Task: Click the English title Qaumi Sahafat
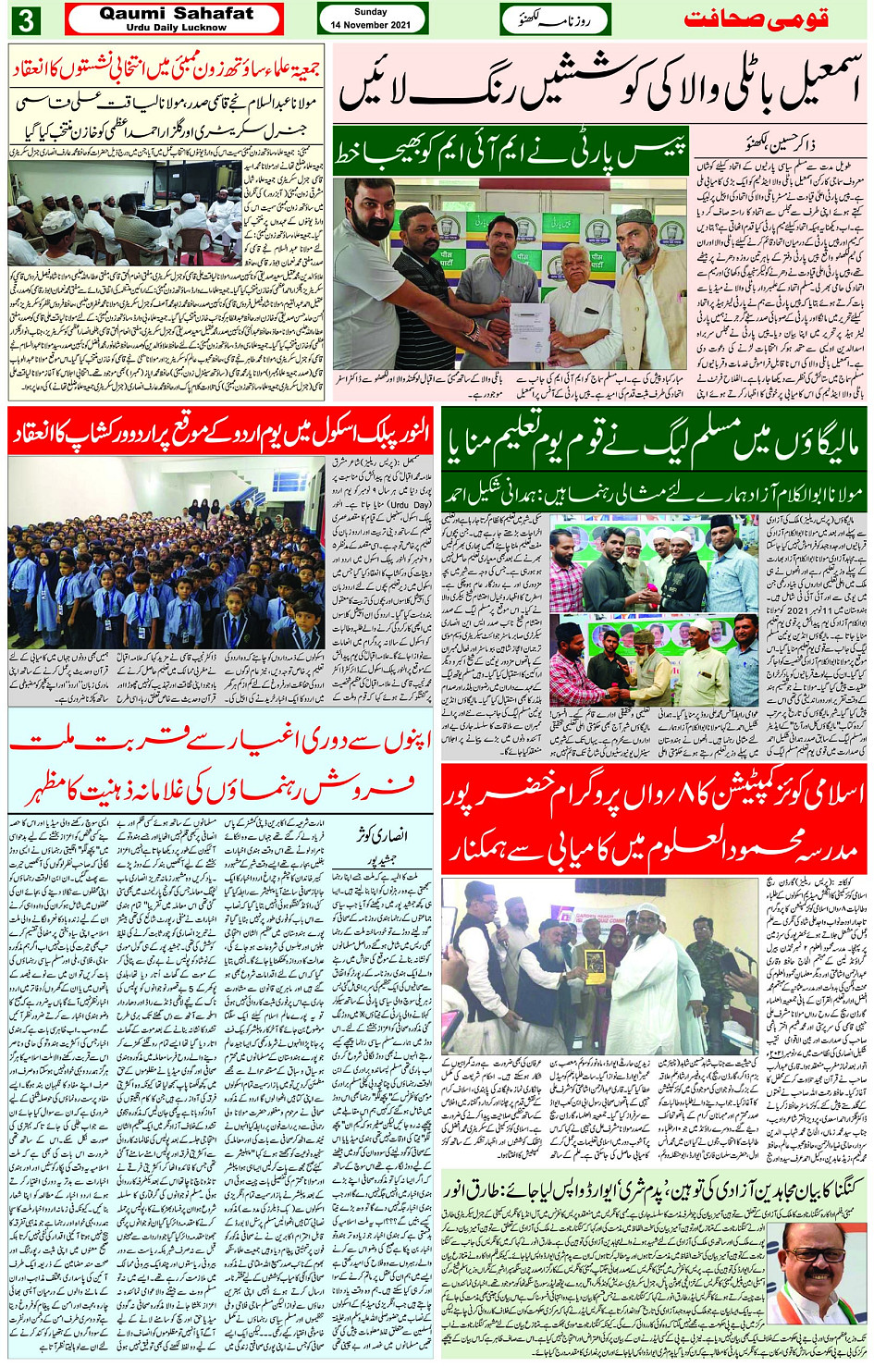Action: click(176, 14)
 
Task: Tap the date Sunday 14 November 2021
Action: click(372, 18)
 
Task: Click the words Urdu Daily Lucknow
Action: click(176, 28)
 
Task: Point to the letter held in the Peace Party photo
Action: click(524, 318)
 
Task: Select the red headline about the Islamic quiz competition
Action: click(654, 819)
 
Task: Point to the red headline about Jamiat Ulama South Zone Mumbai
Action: click(166, 67)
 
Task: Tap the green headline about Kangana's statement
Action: click(657, 1188)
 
